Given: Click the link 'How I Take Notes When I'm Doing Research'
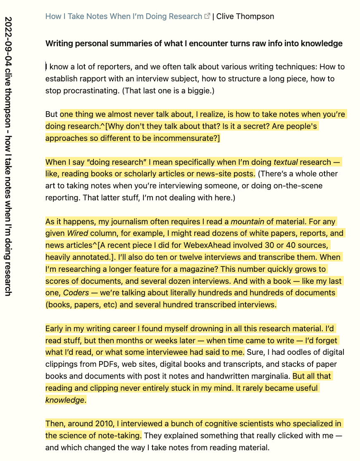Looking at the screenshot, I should (x=124, y=17).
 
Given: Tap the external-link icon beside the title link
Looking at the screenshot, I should (x=207, y=17).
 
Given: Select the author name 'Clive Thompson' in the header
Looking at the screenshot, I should (x=245, y=17).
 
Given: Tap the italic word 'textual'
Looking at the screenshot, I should (x=286, y=162).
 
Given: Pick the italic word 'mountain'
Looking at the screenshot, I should (x=247, y=221).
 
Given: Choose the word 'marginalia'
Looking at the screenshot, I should (x=262, y=376).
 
